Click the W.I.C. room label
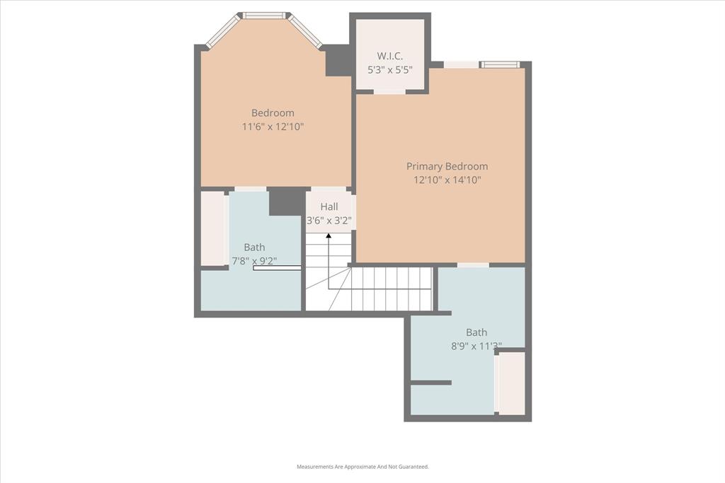pyautogui.click(x=389, y=55)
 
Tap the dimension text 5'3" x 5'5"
pyautogui.click(x=389, y=69)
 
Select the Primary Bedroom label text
pyautogui.click(x=447, y=166)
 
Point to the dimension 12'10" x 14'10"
pyautogui.click(x=447, y=180)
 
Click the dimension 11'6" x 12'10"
pyautogui.click(x=273, y=127)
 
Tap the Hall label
pyautogui.click(x=329, y=206)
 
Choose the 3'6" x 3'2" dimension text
pyautogui.click(x=329, y=221)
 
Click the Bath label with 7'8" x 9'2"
pyautogui.click(x=254, y=247)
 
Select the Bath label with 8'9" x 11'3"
pyautogui.click(x=476, y=332)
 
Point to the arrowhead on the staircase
pyautogui.click(x=329, y=235)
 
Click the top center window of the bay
pyautogui.click(x=264, y=15)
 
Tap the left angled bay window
pyautogui.click(x=223, y=32)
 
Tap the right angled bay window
pyautogui.click(x=306, y=31)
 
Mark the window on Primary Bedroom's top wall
pyautogui.click(x=501, y=65)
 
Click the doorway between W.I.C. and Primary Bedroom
pyautogui.click(x=389, y=91)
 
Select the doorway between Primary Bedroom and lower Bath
pyautogui.click(x=472, y=265)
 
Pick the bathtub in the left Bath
pyautogui.click(x=213, y=228)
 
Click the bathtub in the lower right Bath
pyautogui.click(x=512, y=383)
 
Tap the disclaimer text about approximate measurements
pyautogui.click(x=362, y=467)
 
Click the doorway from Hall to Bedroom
pyautogui.click(x=328, y=189)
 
